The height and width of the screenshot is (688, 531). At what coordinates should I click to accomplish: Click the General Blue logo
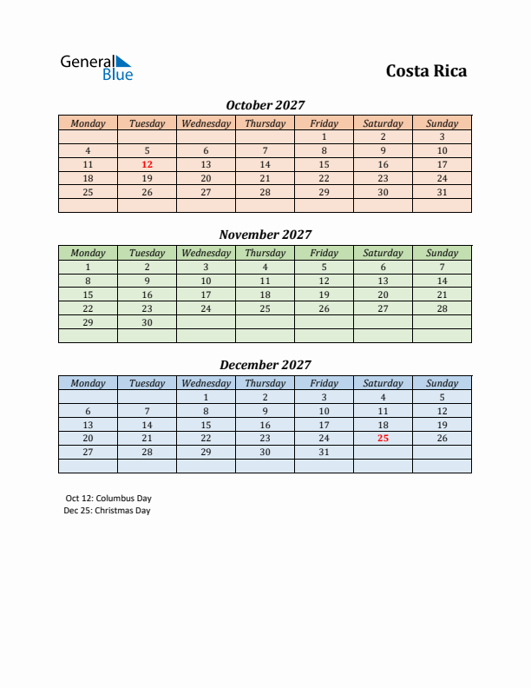(96, 68)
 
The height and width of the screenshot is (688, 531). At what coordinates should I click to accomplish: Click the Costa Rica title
(426, 70)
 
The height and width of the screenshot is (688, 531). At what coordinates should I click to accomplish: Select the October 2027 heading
(265, 105)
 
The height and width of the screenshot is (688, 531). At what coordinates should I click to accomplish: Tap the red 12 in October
(147, 164)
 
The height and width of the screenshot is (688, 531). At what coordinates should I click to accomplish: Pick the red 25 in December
(383, 439)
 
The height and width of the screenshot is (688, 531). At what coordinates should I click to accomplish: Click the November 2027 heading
(265, 235)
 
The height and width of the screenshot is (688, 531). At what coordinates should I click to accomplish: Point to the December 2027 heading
(265, 365)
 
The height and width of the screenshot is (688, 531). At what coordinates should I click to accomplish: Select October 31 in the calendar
(442, 192)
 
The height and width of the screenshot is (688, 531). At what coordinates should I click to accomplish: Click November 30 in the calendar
(147, 322)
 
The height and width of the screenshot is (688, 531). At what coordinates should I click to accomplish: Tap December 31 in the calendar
(324, 453)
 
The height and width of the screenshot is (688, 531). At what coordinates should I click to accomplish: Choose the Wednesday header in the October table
(206, 123)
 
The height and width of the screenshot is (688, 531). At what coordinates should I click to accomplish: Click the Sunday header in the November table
(442, 254)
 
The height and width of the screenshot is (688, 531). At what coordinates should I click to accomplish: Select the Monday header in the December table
(88, 383)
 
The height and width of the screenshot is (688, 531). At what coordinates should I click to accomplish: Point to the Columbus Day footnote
(108, 499)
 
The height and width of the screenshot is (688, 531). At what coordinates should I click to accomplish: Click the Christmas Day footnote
(108, 511)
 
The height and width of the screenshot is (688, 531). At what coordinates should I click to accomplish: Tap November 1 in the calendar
(88, 267)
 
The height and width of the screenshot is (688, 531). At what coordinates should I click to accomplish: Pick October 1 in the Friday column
(324, 136)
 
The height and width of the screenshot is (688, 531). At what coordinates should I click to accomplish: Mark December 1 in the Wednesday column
(206, 397)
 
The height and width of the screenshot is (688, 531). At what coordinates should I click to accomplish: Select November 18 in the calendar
(265, 294)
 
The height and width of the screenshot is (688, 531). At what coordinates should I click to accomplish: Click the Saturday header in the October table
(383, 123)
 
